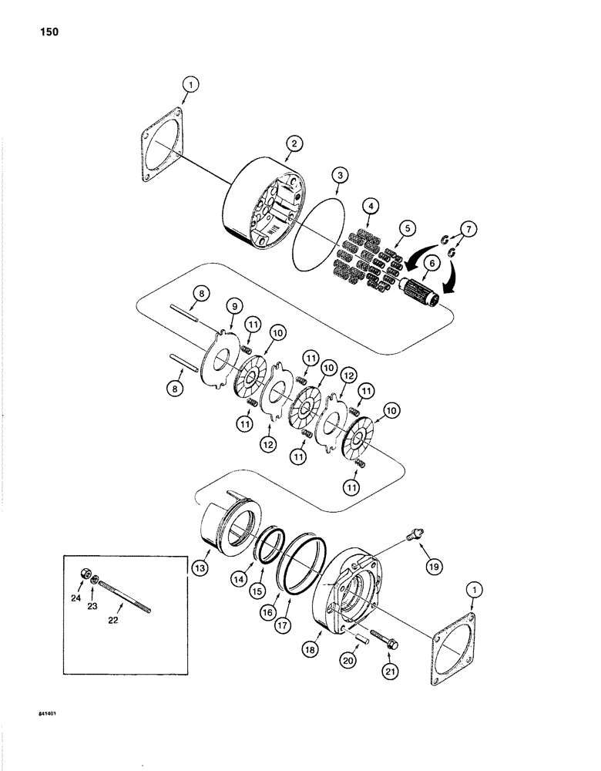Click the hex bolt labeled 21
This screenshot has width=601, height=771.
click(381, 638)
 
